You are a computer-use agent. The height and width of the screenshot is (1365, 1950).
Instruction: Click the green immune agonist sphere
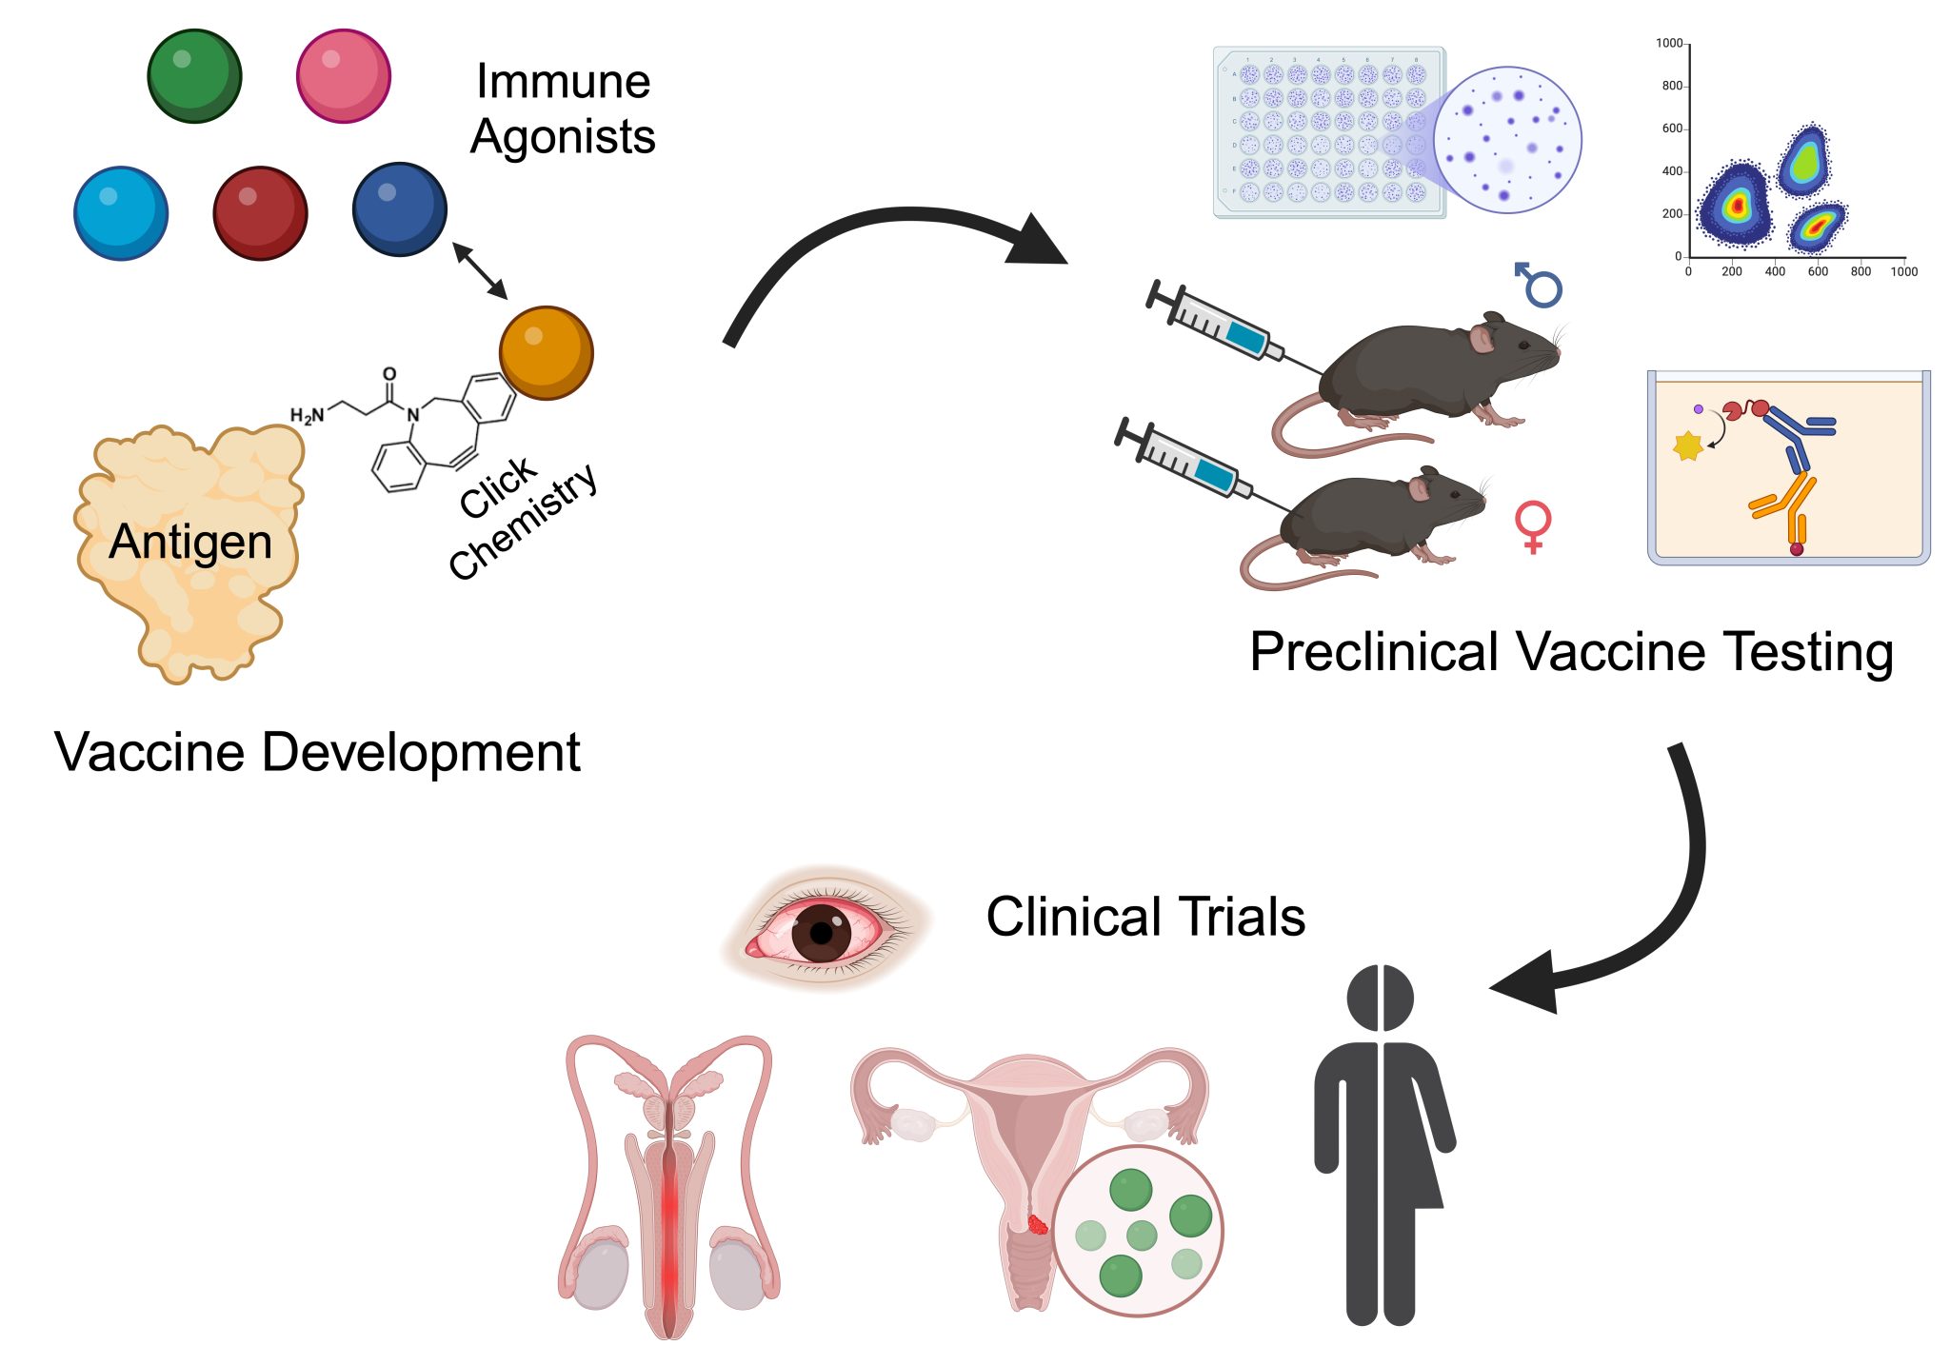(194, 75)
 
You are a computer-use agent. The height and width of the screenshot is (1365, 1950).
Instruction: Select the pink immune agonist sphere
(344, 75)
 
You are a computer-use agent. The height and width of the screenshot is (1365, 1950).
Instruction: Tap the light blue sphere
(121, 213)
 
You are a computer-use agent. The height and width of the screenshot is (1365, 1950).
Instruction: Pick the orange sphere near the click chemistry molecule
(546, 352)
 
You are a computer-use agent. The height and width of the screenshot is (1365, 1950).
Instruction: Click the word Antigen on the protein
(190, 543)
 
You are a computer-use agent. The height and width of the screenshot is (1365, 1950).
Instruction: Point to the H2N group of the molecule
(307, 415)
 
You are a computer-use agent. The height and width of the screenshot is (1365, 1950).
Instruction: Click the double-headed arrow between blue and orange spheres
(479, 269)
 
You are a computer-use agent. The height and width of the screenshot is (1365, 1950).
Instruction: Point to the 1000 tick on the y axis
(1670, 44)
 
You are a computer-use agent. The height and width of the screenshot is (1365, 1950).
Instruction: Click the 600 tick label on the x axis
(1818, 272)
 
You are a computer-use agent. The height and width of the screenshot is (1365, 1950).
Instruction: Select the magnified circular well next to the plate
(1506, 140)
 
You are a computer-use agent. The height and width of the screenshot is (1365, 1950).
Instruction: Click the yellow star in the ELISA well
(1687, 445)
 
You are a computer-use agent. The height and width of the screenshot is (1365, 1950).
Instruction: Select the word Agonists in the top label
(563, 136)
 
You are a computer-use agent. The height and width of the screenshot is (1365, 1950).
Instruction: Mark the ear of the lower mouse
(1420, 487)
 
